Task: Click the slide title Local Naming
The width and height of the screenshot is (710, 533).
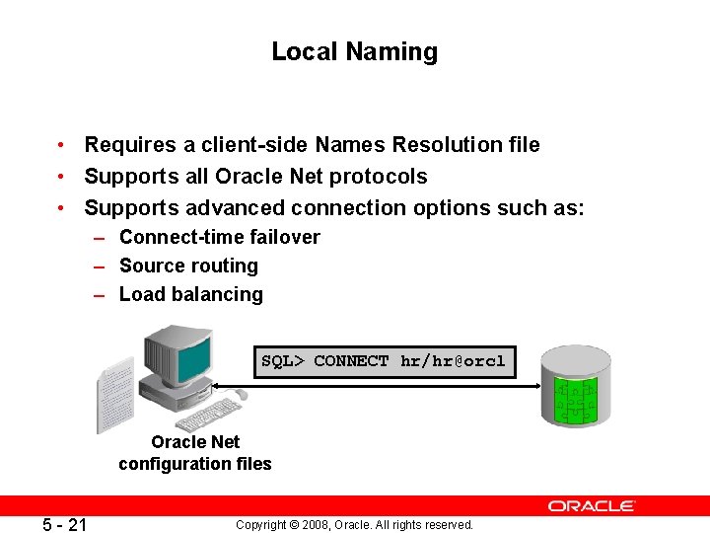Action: click(354, 51)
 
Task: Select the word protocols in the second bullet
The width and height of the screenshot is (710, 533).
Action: click(380, 177)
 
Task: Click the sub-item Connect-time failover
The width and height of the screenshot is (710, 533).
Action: click(219, 237)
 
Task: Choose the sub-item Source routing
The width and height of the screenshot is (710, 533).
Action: click(188, 266)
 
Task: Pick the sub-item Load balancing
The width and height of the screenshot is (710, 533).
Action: click(190, 294)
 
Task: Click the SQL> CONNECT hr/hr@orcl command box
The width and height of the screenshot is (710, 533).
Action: click(383, 361)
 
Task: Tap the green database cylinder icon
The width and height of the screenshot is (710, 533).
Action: click(576, 387)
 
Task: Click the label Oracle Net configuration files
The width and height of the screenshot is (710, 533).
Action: click(195, 453)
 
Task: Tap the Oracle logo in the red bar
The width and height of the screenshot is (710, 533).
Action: click(592, 505)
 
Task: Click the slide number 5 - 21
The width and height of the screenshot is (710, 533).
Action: click(64, 525)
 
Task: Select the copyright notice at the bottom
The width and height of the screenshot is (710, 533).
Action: click(354, 525)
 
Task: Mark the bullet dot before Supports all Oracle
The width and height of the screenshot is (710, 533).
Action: click(61, 177)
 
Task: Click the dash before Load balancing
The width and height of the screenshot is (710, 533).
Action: click(101, 294)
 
